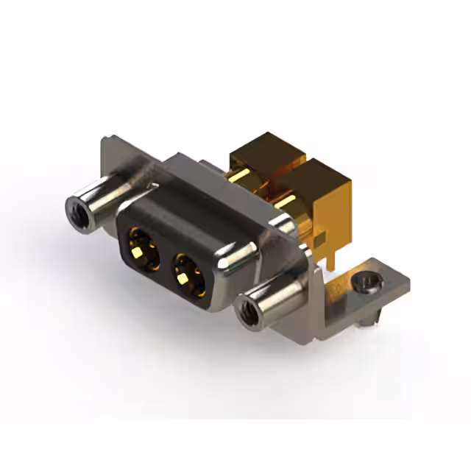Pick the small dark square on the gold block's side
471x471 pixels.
click(317, 240)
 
